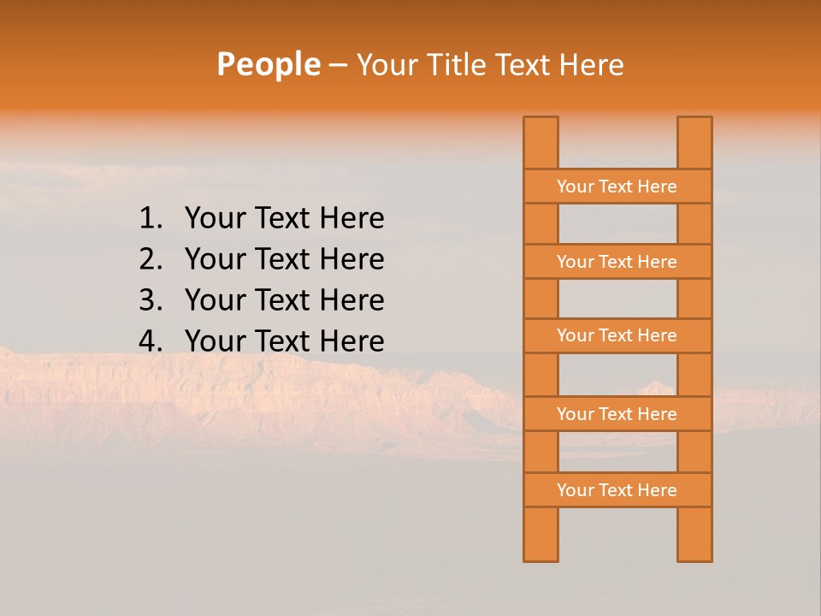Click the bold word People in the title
tap(268, 64)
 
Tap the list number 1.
tap(150, 218)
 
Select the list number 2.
tap(150, 259)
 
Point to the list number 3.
tap(150, 300)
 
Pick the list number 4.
tap(150, 341)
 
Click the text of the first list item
tap(284, 218)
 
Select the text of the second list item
tap(284, 259)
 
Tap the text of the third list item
tap(284, 300)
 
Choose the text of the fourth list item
tap(284, 341)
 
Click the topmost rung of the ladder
tap(617, 187)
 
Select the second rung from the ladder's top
tap(617, 262)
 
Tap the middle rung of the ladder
tap(617, 335)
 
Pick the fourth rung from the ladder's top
tap(617, 414)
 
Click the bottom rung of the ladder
tap(617, 490)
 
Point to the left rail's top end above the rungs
tap(540, 142)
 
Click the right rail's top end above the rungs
tap(694, 142)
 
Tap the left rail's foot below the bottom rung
tap(540, 535)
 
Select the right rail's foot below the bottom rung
tap(694, 535)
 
